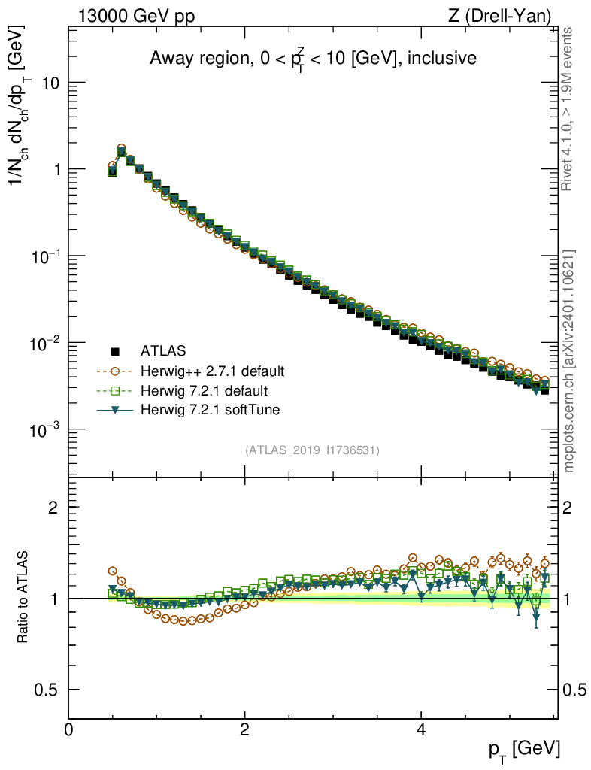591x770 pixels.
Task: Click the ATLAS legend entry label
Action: pyautogui.click(x=163, y=350)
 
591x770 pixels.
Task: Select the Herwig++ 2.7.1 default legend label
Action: pyautogui.click(x=213, y=371)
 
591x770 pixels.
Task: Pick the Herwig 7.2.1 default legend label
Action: pyautogui.click(x=204, y=391)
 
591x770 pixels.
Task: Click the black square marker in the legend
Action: pyautogui.click(x=115, y=350)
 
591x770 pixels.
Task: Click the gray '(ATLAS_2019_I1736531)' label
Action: pyautogui.click(x=312, y=450)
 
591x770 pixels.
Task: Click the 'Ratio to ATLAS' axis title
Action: pyautogui.click(x=23, y=599)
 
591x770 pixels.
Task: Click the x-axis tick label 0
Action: pyautogui.click(x=69, y=730)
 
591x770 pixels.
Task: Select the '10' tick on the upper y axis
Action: pyautogui.click(x=50, y=83)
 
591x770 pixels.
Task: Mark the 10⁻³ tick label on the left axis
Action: pyautogui.click(x=44, y=429)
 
